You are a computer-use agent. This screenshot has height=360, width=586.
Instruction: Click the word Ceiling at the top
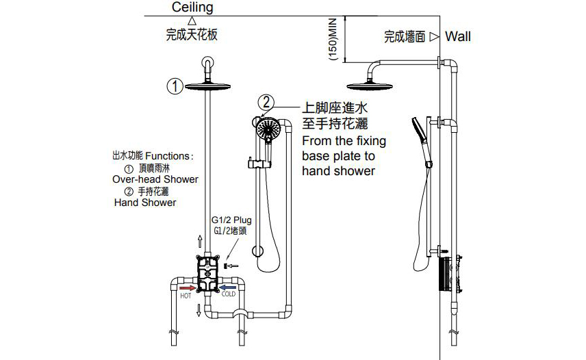click(192, 8)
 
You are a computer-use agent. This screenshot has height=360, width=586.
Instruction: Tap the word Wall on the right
click(458, 37)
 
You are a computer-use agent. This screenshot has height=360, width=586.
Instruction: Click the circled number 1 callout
click(175, 86)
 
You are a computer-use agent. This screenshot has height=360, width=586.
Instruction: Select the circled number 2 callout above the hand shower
click(266, 103)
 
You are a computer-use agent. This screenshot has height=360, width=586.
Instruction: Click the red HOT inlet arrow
click(186, 288)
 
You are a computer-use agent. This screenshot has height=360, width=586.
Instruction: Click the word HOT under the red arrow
click(186, 296)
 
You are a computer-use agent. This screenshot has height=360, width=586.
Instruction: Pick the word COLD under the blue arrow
click(228, 294)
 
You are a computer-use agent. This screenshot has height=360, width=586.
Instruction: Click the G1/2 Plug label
click(231, 220)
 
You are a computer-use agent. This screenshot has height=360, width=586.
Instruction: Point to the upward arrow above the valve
click(200, 241)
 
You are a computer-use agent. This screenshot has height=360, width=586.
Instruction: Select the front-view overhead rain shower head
click(207, 85)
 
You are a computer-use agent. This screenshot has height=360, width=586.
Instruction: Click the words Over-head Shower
click(155, 179)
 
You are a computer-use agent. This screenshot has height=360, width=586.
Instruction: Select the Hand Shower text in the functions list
click(144, 203)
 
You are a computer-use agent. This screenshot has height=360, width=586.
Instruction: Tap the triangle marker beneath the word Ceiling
click(192, 21)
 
